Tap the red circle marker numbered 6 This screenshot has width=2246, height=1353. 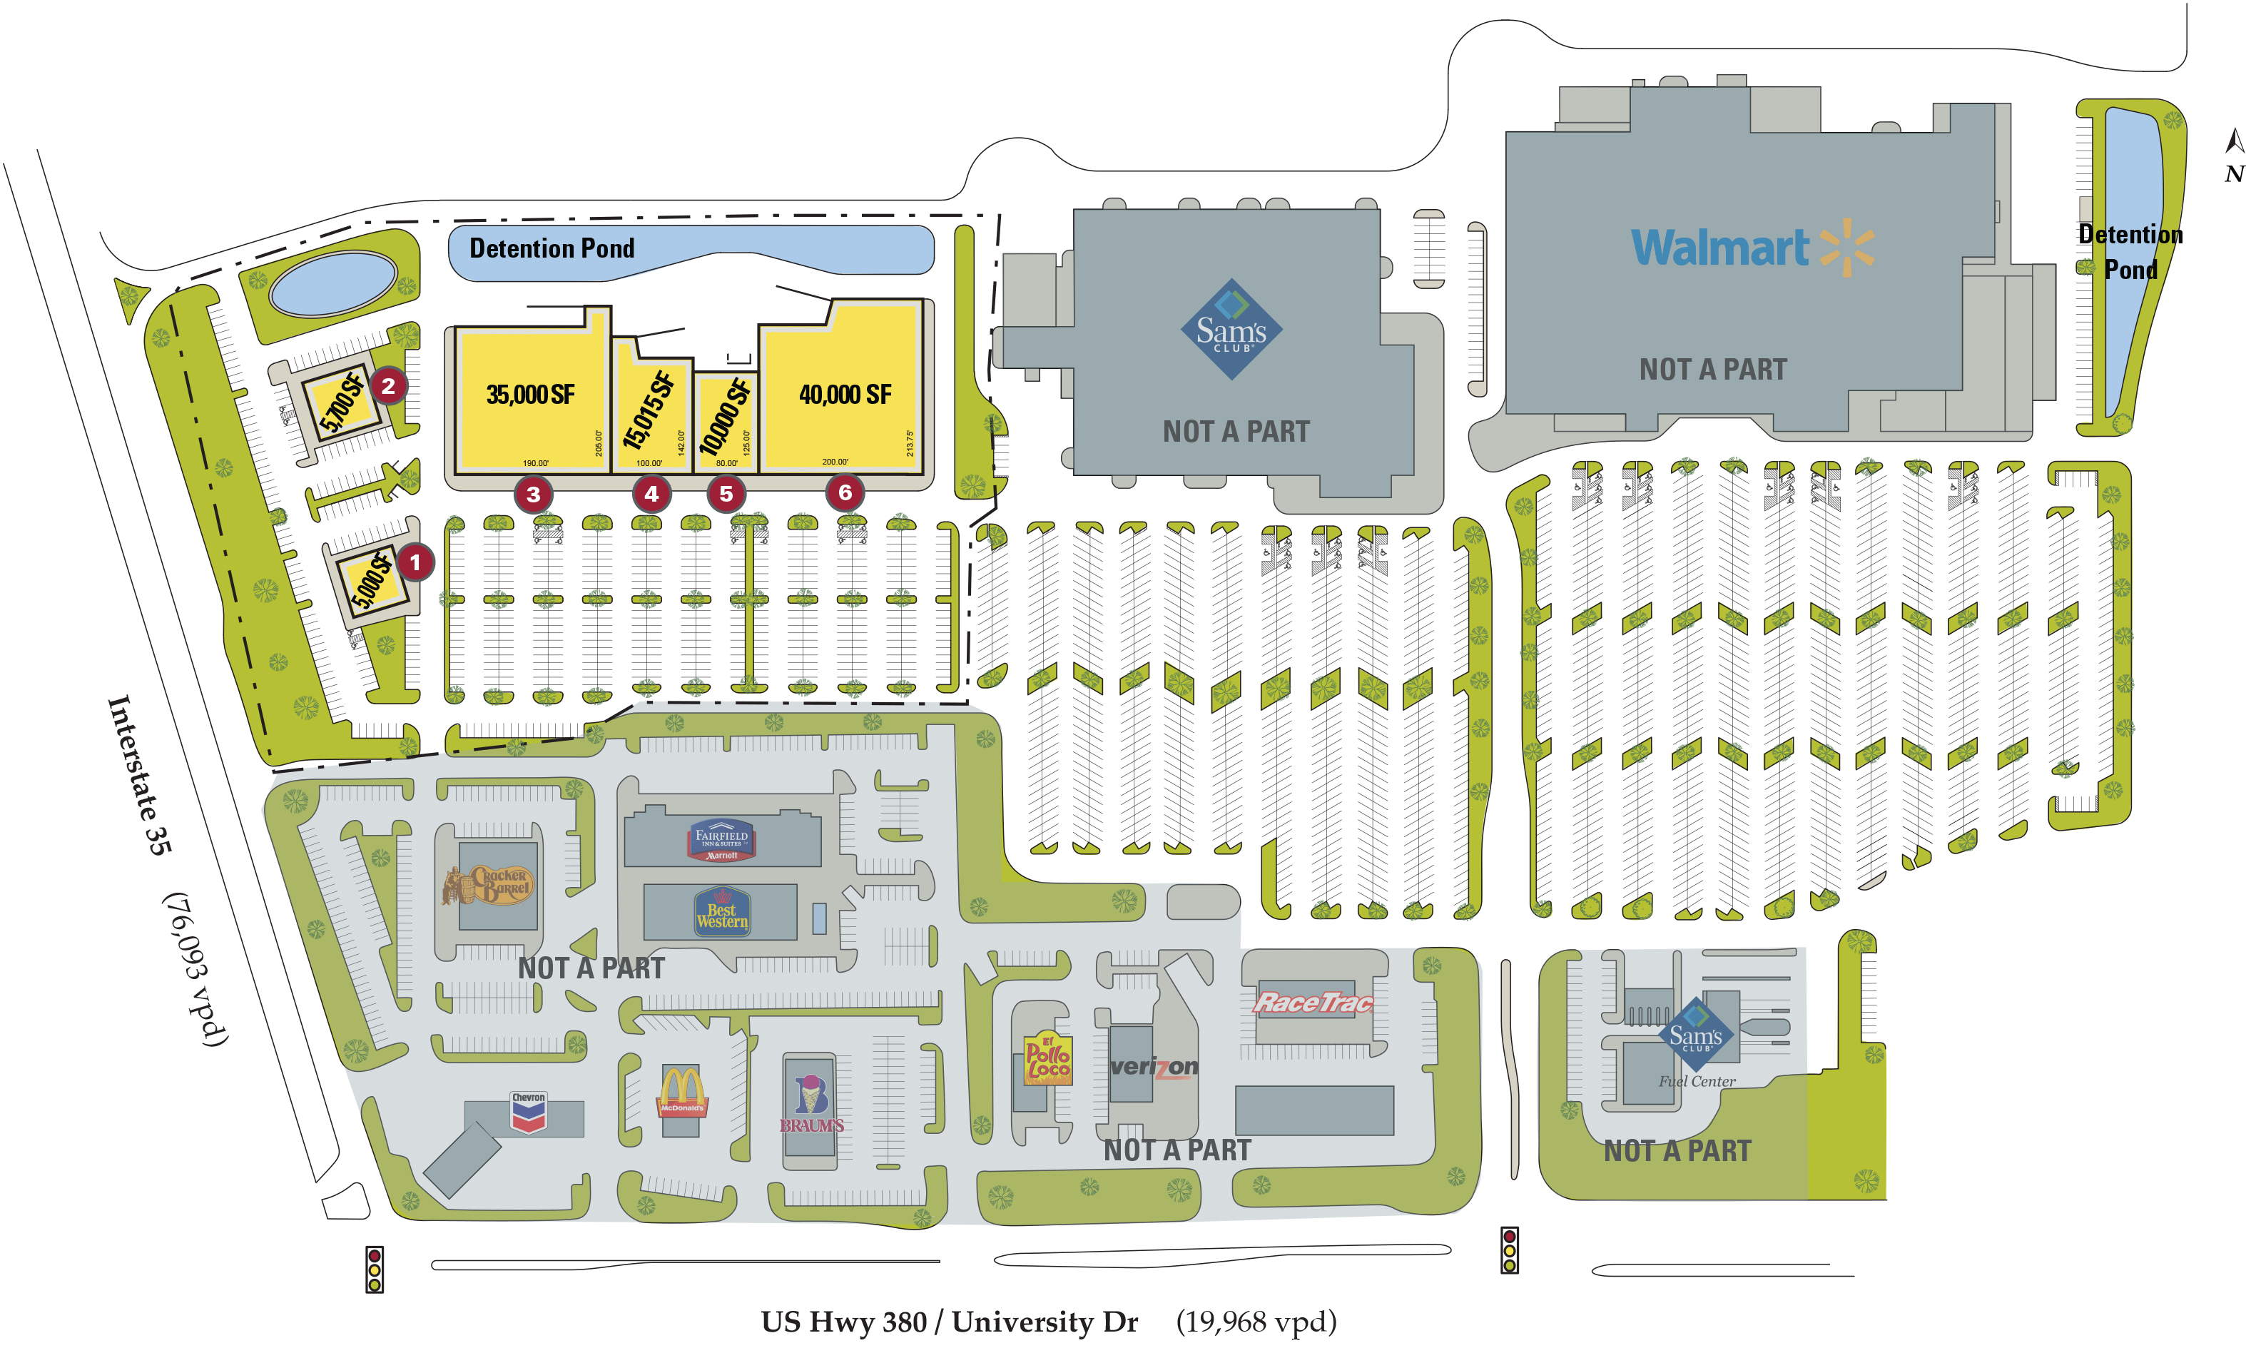point(845,493)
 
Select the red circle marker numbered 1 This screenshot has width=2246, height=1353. point(416,562)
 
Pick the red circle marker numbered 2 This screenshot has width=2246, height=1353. point(388,385)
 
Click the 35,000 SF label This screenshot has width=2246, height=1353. point(531,395)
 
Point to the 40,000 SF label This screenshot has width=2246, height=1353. point(845,395)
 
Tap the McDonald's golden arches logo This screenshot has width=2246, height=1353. point(682,1091)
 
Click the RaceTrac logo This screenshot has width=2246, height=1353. point(1313,1003)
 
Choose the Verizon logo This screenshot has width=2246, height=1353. point(1154,1067)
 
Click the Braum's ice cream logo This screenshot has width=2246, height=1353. point(811,1103)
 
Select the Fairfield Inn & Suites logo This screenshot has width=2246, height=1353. point(721,841)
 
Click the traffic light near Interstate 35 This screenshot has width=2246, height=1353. point(374,1269)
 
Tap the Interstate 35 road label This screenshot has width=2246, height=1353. point(138,775)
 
